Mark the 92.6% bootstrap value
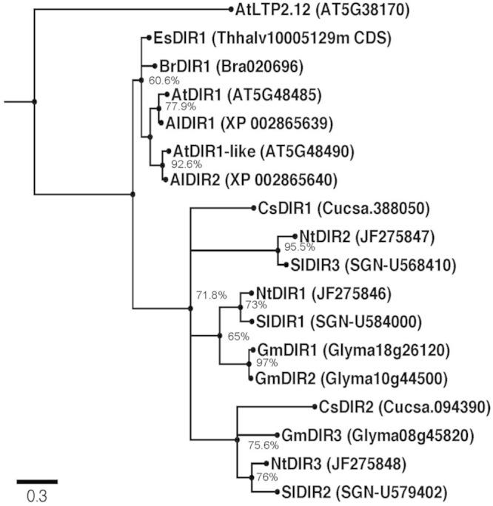click(186, 164)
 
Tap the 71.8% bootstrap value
click(211, 295)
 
